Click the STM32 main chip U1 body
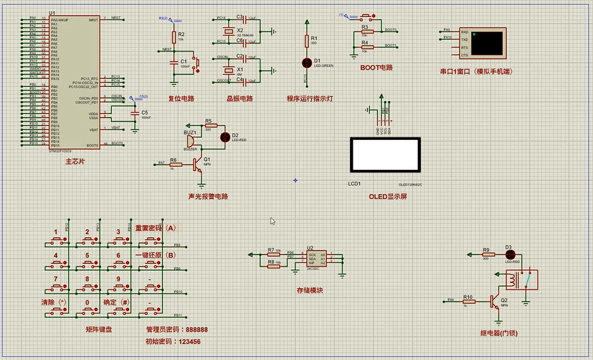pos(75,83)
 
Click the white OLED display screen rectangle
pos(385,155)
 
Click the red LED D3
pos(508,254)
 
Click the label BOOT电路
pos(376,67)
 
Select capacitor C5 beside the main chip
pos(135,114)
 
